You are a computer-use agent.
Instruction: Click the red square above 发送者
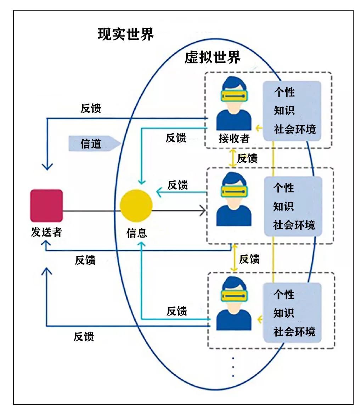pyautogui.click(x=46, y=205)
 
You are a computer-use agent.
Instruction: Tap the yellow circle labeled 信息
pyautogui.click(x=136, y=206)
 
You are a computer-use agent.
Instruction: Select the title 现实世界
pyautogui.click(x=126, y=34)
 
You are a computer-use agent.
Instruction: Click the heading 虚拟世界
pyautogui.click(x=213, y=57)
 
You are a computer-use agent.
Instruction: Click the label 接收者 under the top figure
pyautogui.click(x=234, y=138)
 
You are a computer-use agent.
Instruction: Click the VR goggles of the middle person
pyautogui.click(x=234, y=191)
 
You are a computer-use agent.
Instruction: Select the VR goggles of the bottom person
pyautogui.click(x=234, y=295)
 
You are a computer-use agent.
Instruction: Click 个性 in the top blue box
pyautogui.click(x=284, y=92)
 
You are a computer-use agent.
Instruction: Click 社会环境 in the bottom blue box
pyautogui.click(x=294, y=332)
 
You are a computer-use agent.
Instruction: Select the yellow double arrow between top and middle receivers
pyautogui.click(x=233, y=158)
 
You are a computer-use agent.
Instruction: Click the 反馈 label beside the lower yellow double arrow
pyautogui.click(x=249, y=259)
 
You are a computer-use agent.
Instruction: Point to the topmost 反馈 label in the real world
pyautogui.click(x=91, y=108)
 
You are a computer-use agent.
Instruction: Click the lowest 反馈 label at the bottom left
pyautogui.click(x=84, y=336)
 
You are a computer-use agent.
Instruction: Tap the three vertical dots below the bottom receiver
pyautogui.click(x=233, y=367)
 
